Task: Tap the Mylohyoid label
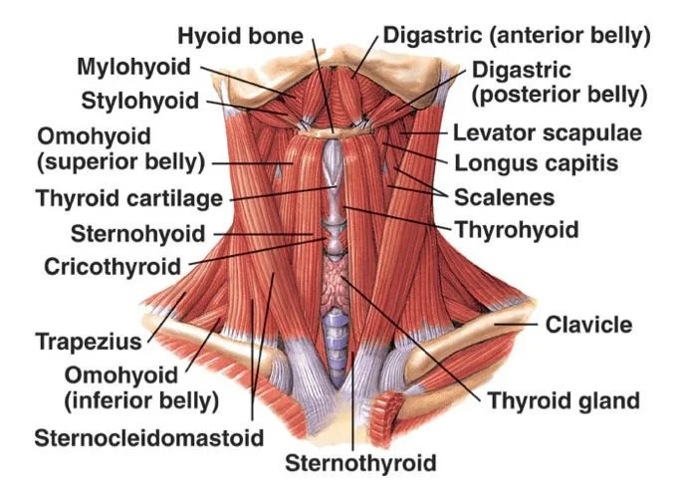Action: tap(136, 68)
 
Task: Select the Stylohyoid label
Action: tap(141, 100)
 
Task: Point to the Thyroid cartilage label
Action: tap(128, 198)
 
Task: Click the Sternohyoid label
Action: tap(137, 234)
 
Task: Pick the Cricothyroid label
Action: tap(113, 267)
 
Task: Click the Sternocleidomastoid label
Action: tap(149, 437)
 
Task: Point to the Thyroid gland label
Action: tap(563, 402)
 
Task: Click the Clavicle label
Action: tap(588, 325)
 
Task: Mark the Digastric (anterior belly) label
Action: tap(516, 37)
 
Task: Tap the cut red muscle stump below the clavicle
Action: tap(385, 409)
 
